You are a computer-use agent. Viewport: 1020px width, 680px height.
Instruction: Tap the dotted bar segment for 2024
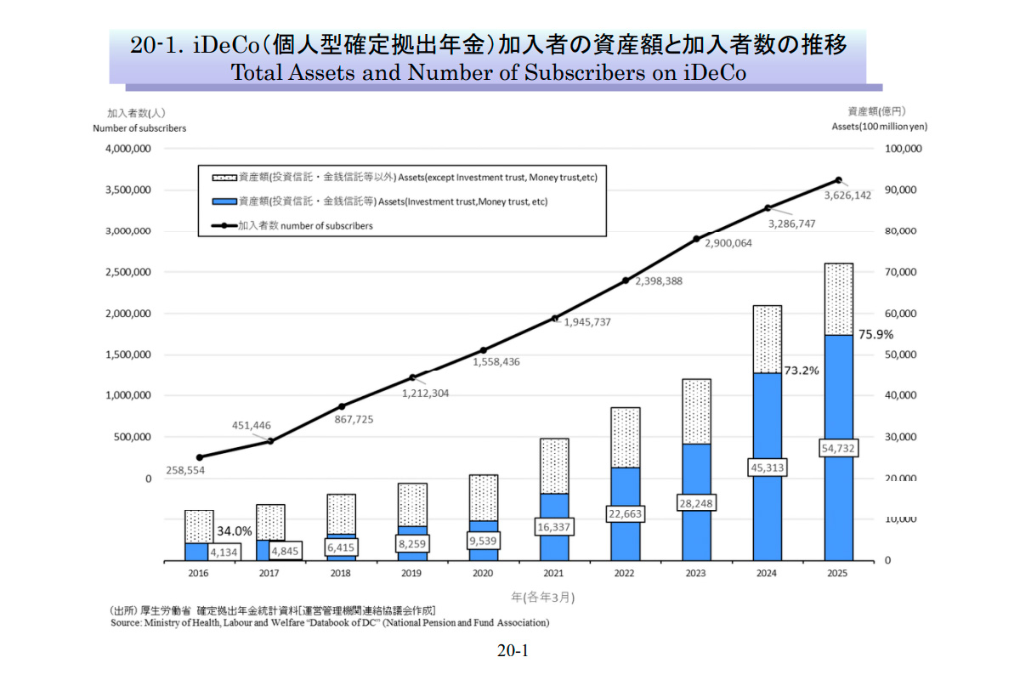(x=768, y=339)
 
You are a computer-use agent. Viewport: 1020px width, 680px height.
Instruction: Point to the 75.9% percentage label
(x=875, y=335)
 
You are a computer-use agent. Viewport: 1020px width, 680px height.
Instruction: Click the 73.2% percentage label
(x=801, y=371)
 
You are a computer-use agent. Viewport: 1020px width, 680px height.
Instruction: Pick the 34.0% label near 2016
(x=234, y=530)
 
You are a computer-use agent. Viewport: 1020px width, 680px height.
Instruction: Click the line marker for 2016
(x=199, y=457)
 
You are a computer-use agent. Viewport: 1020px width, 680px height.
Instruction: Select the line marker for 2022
(x=626, y=280)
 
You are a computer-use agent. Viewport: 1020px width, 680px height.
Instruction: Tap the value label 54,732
(x=838, y=448)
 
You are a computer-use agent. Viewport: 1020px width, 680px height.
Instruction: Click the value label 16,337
(x=554, y=528)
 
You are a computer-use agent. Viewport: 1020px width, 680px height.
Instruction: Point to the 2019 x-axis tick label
(x=412, y=574)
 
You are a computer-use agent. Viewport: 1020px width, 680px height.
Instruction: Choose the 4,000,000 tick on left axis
(x=127, y=149)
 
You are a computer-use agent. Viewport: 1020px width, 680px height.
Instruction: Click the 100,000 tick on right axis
(x=903, y=149)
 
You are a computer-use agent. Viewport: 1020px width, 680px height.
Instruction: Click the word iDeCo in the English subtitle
(x=714, y=72)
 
